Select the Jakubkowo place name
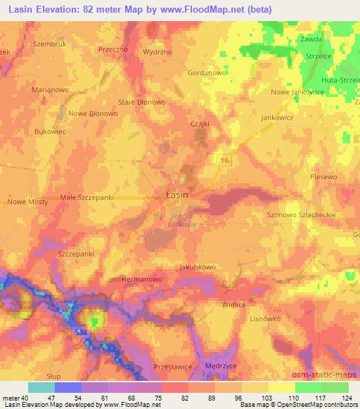(196, 267)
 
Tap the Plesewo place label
(324, 178)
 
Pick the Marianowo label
(34, 89)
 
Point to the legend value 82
(176, 398)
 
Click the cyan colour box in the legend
(41, 387)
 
